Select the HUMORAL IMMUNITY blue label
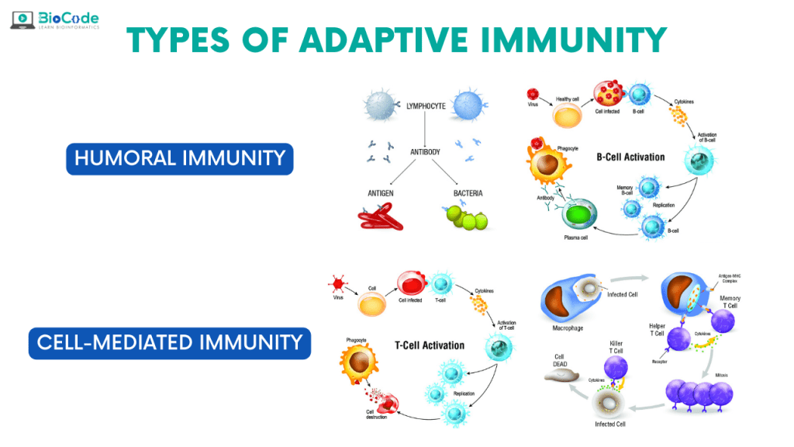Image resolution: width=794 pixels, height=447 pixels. click(x=180, y=158)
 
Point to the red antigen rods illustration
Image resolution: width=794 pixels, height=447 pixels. click(x=384, y=220)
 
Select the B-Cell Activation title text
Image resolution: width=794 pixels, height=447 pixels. click(x=630, y=157)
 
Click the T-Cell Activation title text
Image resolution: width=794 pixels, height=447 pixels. click(x=429, y=345)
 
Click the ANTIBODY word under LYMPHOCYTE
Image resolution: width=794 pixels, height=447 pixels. click(x=425, y=152)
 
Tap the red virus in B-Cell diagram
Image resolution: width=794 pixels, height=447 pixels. click(x=532, y=95)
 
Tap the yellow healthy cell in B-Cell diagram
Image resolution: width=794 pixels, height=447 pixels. click(x=567, y=116)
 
